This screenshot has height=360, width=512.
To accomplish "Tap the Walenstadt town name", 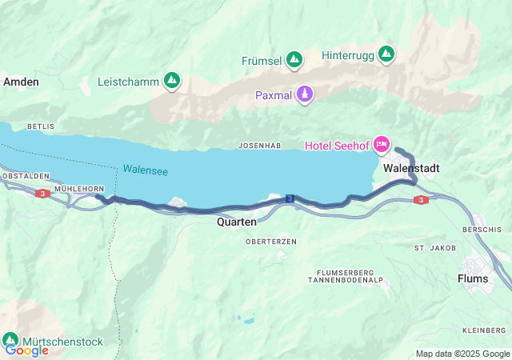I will click(410, 169).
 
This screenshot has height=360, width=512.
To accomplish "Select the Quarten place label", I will click(237, 222).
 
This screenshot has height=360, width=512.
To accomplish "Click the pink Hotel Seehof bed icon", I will click(382, 144).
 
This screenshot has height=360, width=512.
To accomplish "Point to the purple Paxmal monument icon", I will click(304, 95).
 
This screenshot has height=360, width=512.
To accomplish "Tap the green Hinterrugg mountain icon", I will click(386, 54).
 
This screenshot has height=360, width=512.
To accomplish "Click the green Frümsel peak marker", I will click(294, 60).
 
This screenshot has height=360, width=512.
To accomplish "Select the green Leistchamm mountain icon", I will click(171, 81).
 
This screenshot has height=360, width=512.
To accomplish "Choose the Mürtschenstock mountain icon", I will click(11, 340).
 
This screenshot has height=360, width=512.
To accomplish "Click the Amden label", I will click(17, 82).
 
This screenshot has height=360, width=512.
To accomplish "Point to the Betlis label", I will click(40, 126).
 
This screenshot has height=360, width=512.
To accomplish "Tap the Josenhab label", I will click(258, 146).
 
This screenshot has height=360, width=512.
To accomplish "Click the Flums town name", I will click(473, 278).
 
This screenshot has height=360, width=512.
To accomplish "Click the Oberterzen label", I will click(271, 241).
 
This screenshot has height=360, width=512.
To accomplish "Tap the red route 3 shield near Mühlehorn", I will click(41, 193).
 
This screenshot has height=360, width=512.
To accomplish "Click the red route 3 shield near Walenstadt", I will click(421, 200).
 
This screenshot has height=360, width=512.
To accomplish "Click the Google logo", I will click(26, 350).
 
